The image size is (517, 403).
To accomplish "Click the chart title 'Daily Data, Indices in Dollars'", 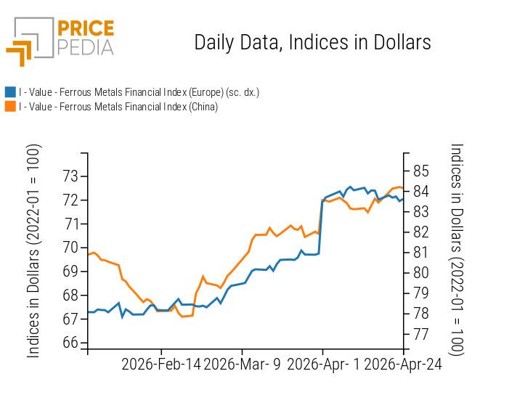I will (x=312, y=43).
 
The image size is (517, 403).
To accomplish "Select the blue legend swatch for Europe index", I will (x=10, y=92).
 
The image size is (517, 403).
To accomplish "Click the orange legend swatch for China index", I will (x=10, y=107).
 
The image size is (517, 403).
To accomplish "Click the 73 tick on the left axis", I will (x=70, y=176).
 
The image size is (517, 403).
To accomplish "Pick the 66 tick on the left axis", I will (x=70, y=343).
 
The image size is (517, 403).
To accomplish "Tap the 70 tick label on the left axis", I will (x=70, y=248).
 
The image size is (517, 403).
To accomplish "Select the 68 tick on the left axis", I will (x=70, y=296).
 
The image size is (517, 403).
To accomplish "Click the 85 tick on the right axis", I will (x=421, y=171).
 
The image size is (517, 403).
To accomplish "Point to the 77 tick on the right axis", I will (x=421, y=334).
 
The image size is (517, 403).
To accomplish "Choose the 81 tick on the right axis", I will (x=421, y=253).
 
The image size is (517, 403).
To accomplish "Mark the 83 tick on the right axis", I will (x=421, y=212).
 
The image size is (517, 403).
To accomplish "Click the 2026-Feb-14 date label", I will (x=161, y=365).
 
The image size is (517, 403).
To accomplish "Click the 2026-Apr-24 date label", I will (x=402, y=365).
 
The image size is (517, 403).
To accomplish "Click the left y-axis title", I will (x=34, y=251).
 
